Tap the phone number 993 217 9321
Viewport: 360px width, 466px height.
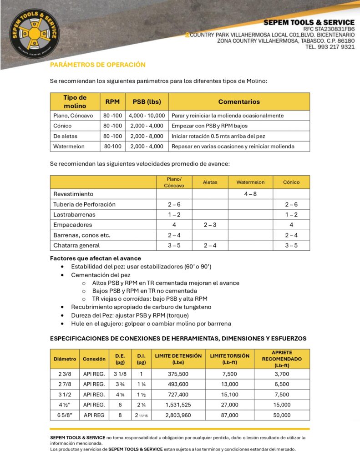pyautogui.click(x=336, y=47)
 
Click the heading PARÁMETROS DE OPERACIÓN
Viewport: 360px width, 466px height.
pyautogui.click(x=98, y=65)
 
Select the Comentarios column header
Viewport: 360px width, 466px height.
pyautogui.click(x=239, y=101)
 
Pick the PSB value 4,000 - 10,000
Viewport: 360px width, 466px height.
pyautogui.click(x=147, y=116)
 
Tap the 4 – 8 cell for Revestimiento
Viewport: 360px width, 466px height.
pyautogui.click(x=250, y=194)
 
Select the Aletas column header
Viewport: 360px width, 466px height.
pyautogui.click(x=210, y=182)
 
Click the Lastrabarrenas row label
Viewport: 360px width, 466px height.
pyautogui.click(x=74, y=214)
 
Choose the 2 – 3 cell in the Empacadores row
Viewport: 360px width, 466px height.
pyautogui.click(x=210, y=225)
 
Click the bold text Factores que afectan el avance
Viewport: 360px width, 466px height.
pyautogui.click(x=95, y=258)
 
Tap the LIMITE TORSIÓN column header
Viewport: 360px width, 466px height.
pyautogui.click(x=229, y=359)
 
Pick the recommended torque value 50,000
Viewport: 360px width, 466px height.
pyautogui.click(x=282, y=415)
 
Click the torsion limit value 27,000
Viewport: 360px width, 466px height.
pyautogui.click(x=229, y=405)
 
